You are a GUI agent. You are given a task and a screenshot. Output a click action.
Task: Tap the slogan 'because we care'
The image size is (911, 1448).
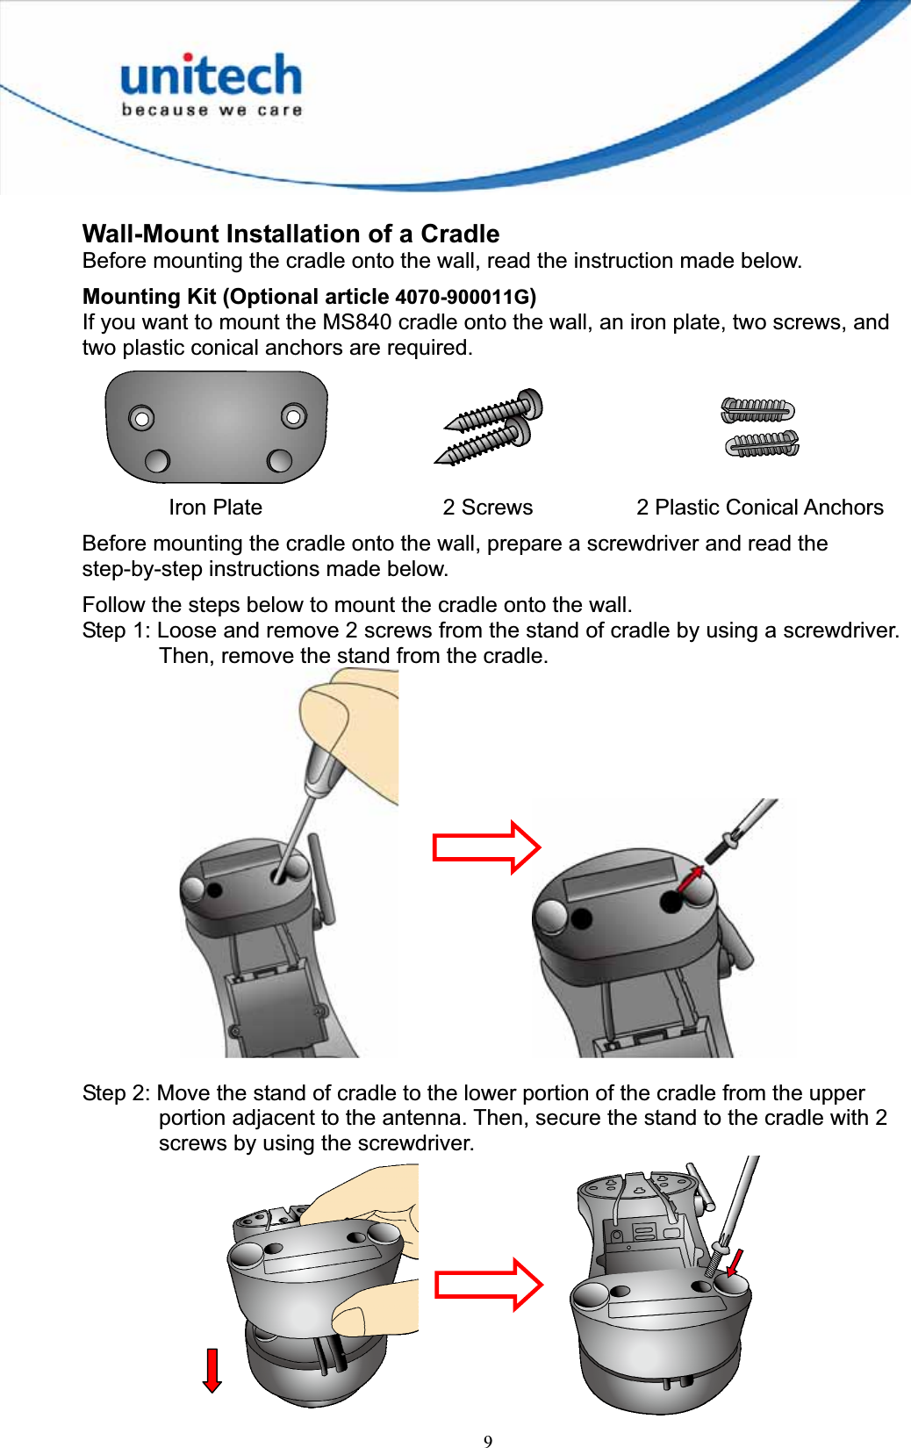(212, 111)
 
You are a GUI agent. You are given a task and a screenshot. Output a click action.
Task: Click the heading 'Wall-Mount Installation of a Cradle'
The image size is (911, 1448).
(291, 234)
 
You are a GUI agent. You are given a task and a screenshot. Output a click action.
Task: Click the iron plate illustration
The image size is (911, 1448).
(216, 428)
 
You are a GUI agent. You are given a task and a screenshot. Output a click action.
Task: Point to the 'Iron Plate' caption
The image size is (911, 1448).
(215, 508)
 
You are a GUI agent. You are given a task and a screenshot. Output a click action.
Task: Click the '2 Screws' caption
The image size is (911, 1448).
(487, 508)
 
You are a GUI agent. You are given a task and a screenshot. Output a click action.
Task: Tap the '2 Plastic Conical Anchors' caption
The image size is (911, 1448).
(759, 508)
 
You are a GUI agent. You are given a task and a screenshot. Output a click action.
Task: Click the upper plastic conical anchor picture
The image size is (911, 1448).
(757, 410)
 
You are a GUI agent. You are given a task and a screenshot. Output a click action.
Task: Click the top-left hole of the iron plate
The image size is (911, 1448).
(141, 418)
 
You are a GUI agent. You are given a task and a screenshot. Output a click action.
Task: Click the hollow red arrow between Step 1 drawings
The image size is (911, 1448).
(487, 847)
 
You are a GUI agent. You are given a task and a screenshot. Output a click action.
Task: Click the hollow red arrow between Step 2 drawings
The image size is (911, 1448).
(489, 1285)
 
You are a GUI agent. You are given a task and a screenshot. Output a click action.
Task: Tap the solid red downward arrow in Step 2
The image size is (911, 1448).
(212, 1371)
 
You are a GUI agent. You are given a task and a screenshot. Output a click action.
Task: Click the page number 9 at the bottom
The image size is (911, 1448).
(488, 1441)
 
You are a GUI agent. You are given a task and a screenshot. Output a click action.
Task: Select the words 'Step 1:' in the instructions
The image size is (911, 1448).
(116, 630)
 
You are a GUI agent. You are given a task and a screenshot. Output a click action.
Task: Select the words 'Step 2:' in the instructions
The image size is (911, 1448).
(116, 1093)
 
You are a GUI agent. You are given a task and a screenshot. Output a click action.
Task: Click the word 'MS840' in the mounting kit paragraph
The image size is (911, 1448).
(356, 322)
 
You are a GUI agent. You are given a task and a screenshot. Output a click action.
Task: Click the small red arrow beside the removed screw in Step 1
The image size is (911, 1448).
(692, 877)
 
